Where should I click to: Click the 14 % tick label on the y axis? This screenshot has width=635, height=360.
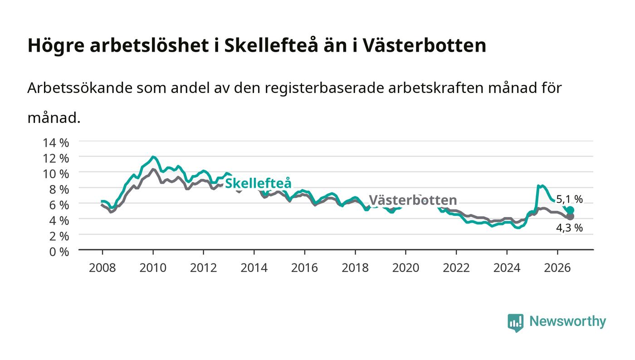point(56,142)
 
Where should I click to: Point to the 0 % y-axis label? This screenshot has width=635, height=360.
point(59,252)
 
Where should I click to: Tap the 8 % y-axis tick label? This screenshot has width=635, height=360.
point(59,190)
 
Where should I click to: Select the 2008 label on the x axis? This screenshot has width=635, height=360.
point(103,268)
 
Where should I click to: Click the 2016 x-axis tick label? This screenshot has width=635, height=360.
point(304,268)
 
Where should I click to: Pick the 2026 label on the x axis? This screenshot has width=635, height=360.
point(557,268)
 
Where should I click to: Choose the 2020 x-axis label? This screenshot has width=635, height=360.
point(405,268)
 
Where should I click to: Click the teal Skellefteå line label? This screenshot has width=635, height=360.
point(258,183)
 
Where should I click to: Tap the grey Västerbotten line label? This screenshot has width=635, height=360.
point(413,200)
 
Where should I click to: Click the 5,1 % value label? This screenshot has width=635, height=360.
point(569,199)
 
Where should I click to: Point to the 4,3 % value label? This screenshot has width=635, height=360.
point(569,228)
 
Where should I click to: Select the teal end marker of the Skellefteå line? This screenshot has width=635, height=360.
point(571,210)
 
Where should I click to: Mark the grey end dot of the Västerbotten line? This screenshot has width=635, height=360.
point(571,217)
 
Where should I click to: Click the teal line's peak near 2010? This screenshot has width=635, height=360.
point(153,157)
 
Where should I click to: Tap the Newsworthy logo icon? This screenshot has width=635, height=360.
point(516,323)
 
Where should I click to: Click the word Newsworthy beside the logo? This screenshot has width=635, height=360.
point(567,321)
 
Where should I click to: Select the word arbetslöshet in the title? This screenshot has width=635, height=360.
point(149,45)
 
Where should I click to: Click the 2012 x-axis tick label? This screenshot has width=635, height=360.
point(203,268)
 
